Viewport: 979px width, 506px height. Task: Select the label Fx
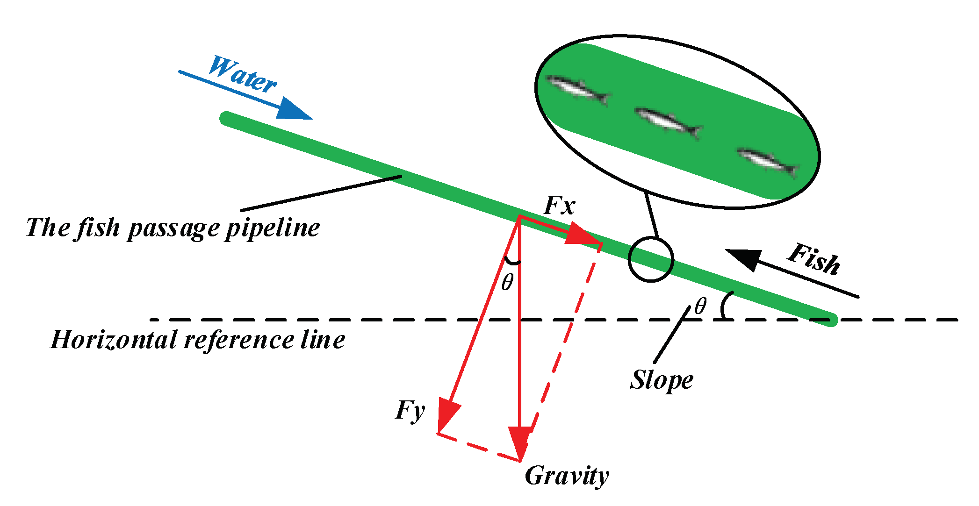pyautogui.click(x=559, y=206)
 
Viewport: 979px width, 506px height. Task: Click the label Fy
pyautogui.click(x=410, y=411)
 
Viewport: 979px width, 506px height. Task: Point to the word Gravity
pyautogui.click(x=567, y=476)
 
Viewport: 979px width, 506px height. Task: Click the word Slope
pyautogui.click(x=661, y=380)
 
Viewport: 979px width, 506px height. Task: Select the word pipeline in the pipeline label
pyautogui.click(x=273, y=228)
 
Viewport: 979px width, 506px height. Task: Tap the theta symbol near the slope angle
pyautogui.click(x=700, y=307)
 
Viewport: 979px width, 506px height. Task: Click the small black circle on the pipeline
pyautogui.click(x=651, y=260)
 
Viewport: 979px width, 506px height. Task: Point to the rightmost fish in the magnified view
pyautogui.click(x=767, y=162)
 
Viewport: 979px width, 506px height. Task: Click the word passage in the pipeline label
pyautogui.click(x=173, y=228)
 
